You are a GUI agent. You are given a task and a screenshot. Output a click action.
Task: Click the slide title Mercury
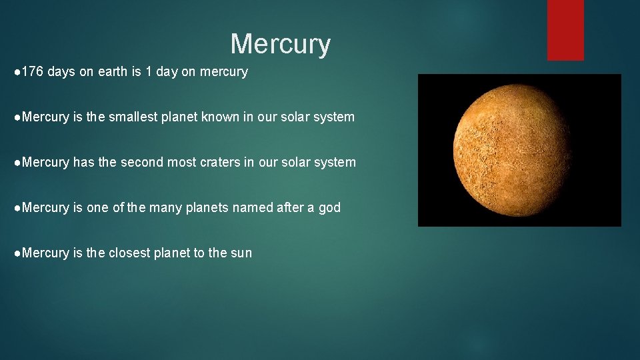pyautogui.click(x=280, y=45)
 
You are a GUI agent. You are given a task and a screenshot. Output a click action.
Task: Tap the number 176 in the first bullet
pyautogui.click(x=33, y=72)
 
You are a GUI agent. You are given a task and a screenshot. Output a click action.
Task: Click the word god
pyautogui.click(x=329, y=208)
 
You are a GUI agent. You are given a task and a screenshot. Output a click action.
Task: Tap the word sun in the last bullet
pyautogui.click(x=241, y=253)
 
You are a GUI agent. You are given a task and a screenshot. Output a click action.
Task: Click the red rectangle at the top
pyautogui.click(x=565, y=30)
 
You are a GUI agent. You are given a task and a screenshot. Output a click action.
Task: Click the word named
pyautogui.click(x=252, y=208)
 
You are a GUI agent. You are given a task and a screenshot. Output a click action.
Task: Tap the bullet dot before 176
pyautogui.click(x=17, y=72)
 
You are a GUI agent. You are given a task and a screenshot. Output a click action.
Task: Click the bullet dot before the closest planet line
pyautogui.click(x=17, y=253)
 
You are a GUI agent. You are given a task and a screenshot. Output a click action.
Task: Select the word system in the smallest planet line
pyautogui.click(x=335, y=117)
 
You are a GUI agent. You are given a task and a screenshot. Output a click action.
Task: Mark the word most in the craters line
pyautogui.click(x=183, y=163)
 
